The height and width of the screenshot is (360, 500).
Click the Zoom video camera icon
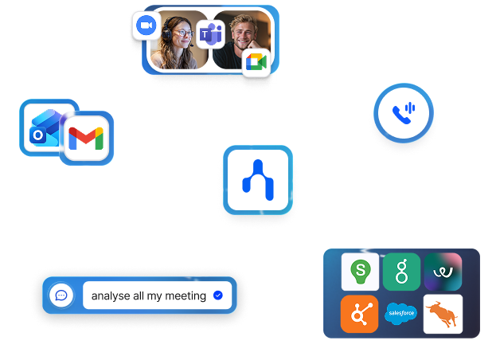click(146, 26)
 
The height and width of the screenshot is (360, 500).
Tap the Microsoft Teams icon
click(210, 34)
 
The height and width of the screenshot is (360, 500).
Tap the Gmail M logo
click(85, 139)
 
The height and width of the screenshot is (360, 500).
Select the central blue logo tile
click(258, 179)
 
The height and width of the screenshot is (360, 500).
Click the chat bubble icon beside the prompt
click(61, 295)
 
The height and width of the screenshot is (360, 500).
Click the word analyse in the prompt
click(110, 296)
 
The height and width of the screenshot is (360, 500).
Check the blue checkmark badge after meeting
click(218, 295)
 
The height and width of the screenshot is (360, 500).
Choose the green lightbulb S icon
click(360, 272)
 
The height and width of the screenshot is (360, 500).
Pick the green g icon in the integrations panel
click(401, 272)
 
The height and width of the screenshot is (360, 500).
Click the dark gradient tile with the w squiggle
click(443, 272)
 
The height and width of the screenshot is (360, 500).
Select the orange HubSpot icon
click(360, 314)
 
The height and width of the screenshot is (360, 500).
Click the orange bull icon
click(443, 314)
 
